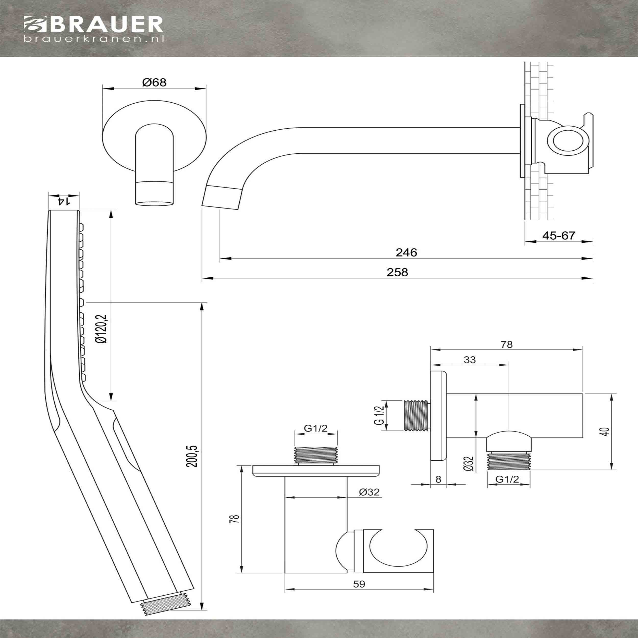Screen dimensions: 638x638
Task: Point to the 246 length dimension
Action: [x=406, y=252]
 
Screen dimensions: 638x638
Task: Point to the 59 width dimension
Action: [x=359, y=584]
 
